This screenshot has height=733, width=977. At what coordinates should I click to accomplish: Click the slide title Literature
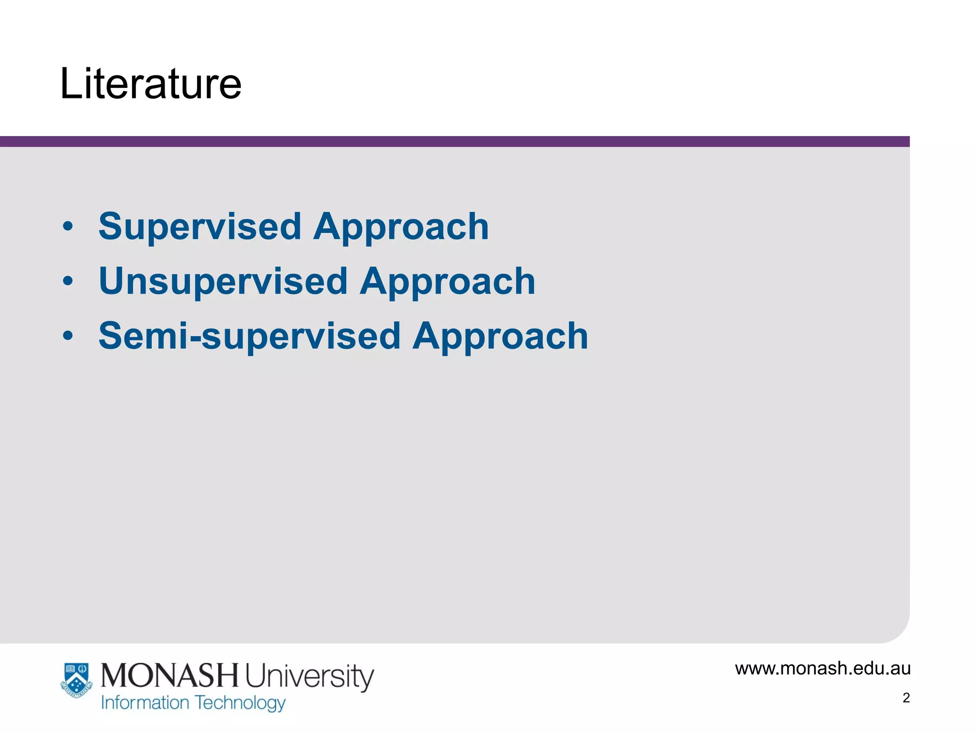coord(151,84)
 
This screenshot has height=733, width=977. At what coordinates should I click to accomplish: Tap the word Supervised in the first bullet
coord(200,227)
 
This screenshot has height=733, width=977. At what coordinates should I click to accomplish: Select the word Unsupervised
coord(223,282)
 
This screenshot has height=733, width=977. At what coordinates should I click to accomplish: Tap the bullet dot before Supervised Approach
coord(68,226)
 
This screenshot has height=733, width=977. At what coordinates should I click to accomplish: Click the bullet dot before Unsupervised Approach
coord(68,281)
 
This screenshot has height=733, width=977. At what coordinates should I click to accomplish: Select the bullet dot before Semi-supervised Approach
coord(68,335)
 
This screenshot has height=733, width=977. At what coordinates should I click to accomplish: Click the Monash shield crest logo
coord(76,680)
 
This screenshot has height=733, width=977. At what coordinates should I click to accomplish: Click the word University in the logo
coord(310,677)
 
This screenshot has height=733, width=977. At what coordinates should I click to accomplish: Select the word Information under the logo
coord(145,703)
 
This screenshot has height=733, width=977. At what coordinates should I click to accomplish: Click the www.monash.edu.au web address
coord(822,669)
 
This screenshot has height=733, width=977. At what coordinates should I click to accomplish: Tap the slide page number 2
coord(906,698)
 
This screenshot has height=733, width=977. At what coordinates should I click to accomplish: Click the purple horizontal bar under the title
coord(453,141)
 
